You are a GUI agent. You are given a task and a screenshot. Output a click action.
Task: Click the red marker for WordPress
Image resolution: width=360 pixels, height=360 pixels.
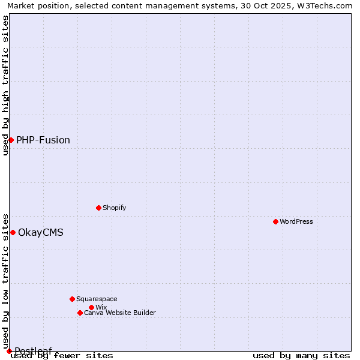(275, 221)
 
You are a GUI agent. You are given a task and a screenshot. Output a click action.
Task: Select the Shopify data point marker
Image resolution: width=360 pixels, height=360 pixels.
(98, 208)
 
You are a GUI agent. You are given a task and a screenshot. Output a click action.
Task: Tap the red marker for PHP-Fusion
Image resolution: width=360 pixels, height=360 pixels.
(11, 140)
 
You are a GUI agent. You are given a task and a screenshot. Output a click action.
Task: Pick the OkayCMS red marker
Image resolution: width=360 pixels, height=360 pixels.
(13, 232)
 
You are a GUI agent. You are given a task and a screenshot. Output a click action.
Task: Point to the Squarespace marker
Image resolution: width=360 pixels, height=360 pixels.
(72, 299)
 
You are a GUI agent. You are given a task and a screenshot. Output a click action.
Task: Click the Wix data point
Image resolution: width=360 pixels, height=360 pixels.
(91, 307)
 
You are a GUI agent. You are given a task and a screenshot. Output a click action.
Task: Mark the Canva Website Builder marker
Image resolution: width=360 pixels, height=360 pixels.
(80, 313)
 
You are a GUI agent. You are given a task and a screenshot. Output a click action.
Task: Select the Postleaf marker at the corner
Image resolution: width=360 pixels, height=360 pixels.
(9, 351)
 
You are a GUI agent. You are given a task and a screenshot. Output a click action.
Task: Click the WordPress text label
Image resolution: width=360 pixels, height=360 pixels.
(296, 221)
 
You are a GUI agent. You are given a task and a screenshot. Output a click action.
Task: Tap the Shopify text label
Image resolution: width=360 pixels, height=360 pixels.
(114, 208)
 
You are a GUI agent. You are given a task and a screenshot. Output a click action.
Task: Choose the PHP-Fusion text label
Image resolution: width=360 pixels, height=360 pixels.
(43, 140)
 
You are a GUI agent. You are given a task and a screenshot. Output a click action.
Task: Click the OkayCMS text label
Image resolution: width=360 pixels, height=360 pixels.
(41, 232)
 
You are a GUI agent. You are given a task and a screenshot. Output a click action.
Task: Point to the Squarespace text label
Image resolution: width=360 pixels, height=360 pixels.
(97, 299)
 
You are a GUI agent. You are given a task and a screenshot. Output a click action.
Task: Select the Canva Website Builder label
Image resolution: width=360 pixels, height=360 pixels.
(120, 313)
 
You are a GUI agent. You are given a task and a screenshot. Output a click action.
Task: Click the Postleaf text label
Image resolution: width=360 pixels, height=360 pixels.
(34, 351)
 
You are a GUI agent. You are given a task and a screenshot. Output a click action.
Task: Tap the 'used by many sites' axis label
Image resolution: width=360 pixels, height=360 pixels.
(301, 356)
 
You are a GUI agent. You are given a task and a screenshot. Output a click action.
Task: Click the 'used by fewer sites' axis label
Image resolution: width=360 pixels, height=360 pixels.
(62, 356)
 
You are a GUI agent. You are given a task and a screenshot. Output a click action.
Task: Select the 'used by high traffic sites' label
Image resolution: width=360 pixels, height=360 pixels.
(5, 85)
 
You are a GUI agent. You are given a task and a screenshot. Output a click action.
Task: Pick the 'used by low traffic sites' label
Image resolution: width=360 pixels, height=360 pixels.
(5, 281)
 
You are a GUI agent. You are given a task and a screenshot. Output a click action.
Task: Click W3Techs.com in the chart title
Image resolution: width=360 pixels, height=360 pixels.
(326, 5)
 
